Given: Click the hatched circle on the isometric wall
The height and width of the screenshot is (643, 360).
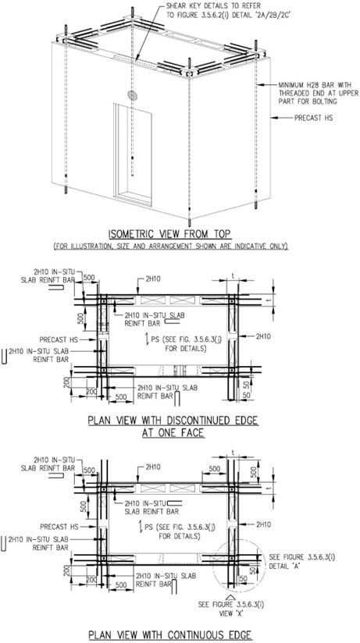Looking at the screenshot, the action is click(x=133, y=95).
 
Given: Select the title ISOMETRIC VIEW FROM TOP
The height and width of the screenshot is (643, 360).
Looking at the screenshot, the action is click(x=169, y=234).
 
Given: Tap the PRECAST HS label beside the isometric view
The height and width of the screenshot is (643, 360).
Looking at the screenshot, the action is click(x=314, y=118).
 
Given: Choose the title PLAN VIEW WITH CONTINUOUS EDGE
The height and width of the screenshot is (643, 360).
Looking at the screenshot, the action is click(x=170, y=634).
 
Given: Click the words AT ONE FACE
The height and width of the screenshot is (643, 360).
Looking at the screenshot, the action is click(x=173, y=432).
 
